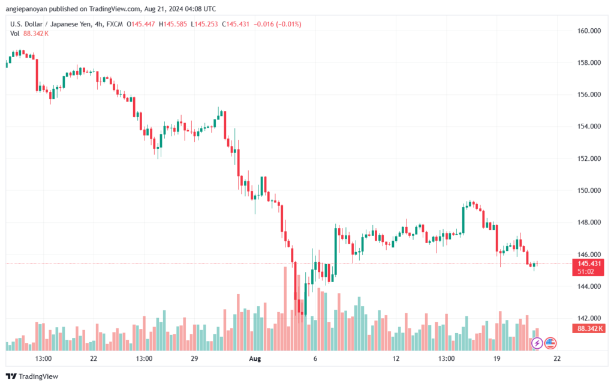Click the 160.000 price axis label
589,31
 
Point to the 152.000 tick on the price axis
589,158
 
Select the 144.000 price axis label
589,286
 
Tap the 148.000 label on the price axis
589,222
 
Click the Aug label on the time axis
255,358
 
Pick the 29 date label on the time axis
194,358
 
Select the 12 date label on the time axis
396,358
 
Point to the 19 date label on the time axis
496,358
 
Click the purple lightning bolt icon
537,343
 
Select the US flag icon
550,343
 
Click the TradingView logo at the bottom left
32,376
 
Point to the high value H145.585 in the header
173,24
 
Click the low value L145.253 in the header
204,24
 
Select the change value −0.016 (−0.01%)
277,24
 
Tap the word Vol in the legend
14,34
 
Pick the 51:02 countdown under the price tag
585,271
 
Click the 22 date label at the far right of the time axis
557,358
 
